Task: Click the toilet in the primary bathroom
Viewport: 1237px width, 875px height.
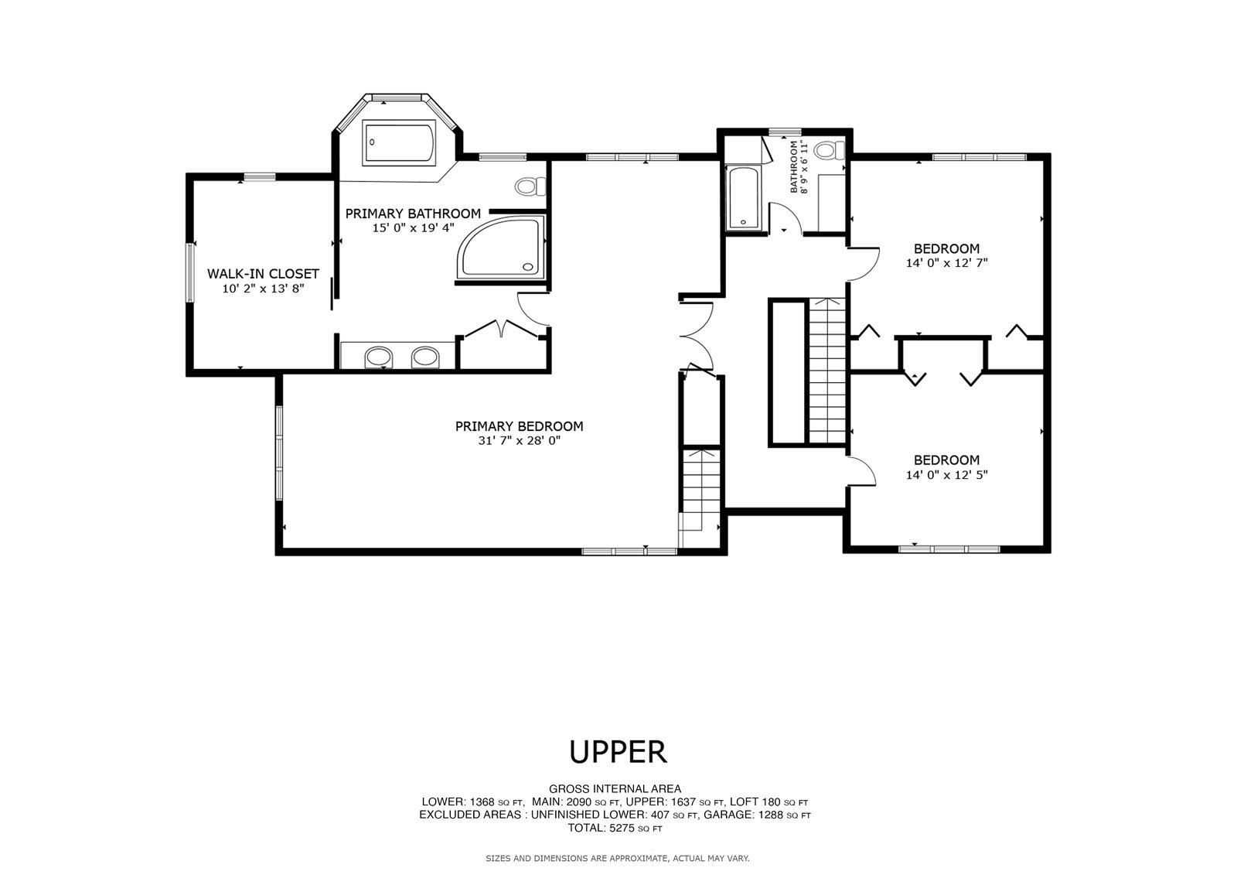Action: (x=530, y=186)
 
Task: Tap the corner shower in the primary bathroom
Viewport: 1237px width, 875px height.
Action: (x=500, y=247)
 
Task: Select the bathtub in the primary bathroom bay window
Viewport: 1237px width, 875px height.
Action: (x=399, y=143)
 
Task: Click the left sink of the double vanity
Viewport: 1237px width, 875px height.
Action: (x=378, y=357)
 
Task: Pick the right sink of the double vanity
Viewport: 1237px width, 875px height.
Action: (x=425, y=357)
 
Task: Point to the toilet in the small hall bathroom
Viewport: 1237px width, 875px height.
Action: (x=830, y=150)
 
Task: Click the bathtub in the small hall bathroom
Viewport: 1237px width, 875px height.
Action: (x=744, y=198)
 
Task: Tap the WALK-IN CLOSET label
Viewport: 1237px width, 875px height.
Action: (x=263, y=274)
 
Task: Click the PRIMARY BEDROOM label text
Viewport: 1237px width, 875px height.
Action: (x=519, y=426)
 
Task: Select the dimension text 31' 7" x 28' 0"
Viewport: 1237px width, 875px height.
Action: (x=519, y=440)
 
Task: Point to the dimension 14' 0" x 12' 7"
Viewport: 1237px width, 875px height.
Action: (x=946, y=263)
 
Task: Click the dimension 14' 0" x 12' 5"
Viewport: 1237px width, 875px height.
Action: (x=946, y=474)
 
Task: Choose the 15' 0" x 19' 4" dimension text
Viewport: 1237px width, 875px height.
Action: (x=413, y=227)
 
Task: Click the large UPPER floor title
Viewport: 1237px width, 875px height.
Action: (x=618, y=752)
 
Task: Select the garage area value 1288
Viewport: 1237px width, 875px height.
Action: (x=770, y=815)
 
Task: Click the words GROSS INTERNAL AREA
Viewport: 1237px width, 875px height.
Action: (x=615, y=789)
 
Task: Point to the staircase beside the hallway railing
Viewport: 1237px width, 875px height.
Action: (x=827, y=371)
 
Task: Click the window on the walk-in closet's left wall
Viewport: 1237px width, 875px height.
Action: (x=190, y=272)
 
